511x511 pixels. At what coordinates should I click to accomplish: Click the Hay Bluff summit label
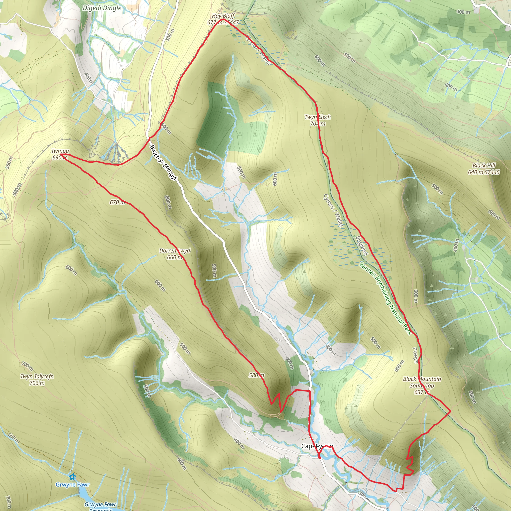tap(223, 16)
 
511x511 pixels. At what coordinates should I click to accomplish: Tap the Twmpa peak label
tap(60, 151)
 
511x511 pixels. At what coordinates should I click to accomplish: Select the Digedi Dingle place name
tap(102, 8)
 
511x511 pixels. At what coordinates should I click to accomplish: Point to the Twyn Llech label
tap(317, 117)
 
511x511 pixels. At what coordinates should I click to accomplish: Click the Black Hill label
tap(484, 166)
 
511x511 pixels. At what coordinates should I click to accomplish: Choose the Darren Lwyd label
tap(175, 251)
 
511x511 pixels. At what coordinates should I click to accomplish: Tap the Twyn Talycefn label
tap(37, 376)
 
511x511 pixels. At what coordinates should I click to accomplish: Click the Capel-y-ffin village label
tap(317, 446)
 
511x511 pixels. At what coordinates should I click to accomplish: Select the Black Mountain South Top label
tap(422, 382)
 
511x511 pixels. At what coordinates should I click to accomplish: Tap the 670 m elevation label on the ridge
tap(117, 202)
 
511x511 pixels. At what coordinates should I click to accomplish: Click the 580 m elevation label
tap(256, 375)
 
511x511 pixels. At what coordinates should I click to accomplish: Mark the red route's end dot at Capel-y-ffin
tap(320, 458)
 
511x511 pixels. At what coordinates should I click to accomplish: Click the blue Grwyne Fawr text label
tap(72, 485)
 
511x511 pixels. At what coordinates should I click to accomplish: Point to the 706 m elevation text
tap(37, 383)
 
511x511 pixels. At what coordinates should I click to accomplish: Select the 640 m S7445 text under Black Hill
tap(484, 172)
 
